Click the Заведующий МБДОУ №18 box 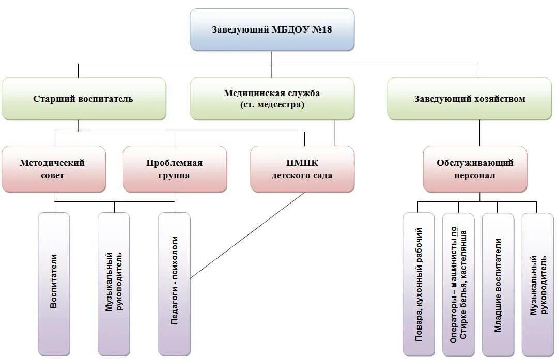272,29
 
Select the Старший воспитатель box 84,99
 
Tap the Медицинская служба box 272,99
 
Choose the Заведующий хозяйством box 469,99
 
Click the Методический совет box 53,169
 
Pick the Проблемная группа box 175,169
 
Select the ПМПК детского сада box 302,169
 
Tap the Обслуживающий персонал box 475,169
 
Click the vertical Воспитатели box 54,284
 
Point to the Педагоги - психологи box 174,284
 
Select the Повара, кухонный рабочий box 419,284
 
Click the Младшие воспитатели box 498,284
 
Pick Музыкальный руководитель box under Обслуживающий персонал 537,284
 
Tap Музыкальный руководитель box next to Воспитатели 114,284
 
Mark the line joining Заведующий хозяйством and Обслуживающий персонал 479,133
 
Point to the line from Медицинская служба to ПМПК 335,133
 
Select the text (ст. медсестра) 272,104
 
